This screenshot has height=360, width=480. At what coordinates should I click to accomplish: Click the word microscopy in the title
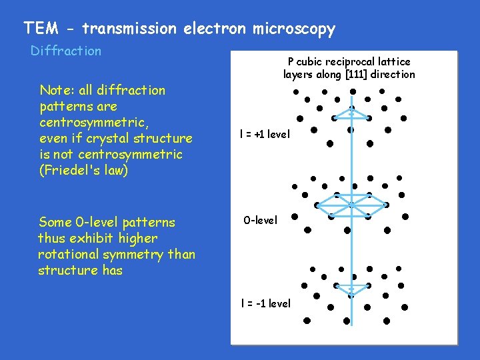(294, 29)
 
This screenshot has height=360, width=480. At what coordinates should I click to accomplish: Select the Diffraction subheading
(66, 51)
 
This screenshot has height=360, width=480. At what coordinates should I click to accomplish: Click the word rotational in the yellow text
(69, 254)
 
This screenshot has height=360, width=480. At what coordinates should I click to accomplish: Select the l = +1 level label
(265, 134)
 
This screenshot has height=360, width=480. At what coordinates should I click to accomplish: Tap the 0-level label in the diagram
(260, 220)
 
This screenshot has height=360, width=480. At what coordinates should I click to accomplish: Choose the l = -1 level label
(266, 303)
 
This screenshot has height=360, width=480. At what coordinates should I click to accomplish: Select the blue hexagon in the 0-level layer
(351, 205)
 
